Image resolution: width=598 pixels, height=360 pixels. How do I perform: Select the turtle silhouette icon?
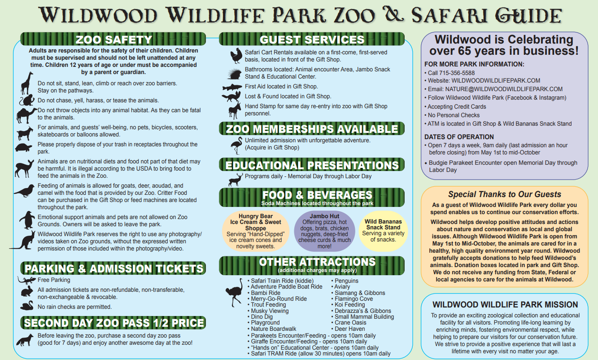coord(23,147)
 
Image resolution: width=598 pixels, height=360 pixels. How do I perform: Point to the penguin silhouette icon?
coord(27,220)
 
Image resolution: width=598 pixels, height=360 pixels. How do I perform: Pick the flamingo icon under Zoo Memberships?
coord(236,145)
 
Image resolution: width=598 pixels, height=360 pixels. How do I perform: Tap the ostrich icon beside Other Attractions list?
coord(234,292)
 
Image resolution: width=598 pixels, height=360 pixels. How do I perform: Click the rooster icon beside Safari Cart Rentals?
coord(236,56)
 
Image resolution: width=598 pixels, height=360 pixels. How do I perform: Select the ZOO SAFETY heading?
coord(114,40)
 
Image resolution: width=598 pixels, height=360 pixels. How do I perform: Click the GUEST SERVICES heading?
coord(312,40)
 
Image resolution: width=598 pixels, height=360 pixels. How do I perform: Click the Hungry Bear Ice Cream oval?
coord(256,231)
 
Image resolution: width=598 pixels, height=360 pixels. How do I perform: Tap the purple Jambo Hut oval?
coord(324,231)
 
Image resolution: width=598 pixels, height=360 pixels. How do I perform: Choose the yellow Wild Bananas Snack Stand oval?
coord(383,231)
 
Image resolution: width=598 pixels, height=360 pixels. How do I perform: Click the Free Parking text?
coord(54,280)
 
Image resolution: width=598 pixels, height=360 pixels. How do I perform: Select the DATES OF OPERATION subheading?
coord(459,137)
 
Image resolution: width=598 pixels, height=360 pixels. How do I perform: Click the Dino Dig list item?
coord(262,317)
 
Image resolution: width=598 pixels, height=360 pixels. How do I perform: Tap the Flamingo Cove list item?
coord(354,299)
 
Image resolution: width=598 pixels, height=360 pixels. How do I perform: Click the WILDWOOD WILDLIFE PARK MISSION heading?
coord(505,304)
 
